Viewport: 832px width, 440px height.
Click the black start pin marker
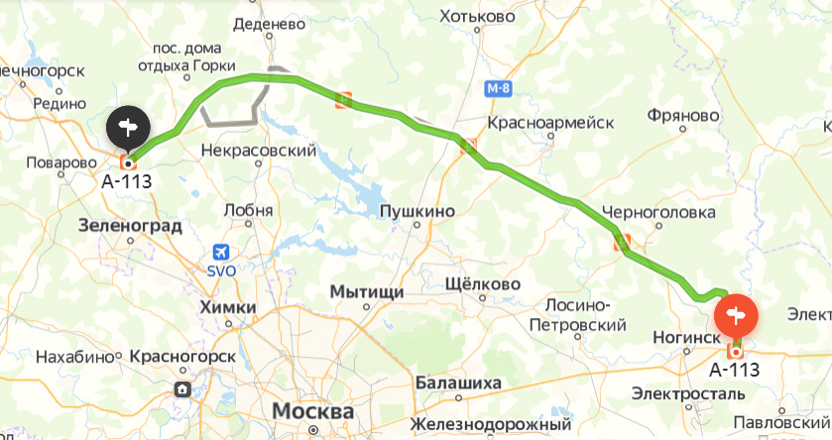(128, 126)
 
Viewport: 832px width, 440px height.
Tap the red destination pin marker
(736, 315)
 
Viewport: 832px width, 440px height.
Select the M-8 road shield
(500, 89)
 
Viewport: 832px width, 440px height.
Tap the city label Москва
(312, 411)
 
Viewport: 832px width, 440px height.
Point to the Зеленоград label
(131, 226)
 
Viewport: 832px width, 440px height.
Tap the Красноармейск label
(551, 123)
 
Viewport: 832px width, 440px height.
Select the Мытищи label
(367, 292)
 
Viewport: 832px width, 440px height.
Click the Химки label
(228, 307)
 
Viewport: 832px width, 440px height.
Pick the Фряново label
(682, 116)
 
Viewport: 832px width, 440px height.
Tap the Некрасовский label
(258, 151)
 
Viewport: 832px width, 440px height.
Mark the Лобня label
(249, 209)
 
